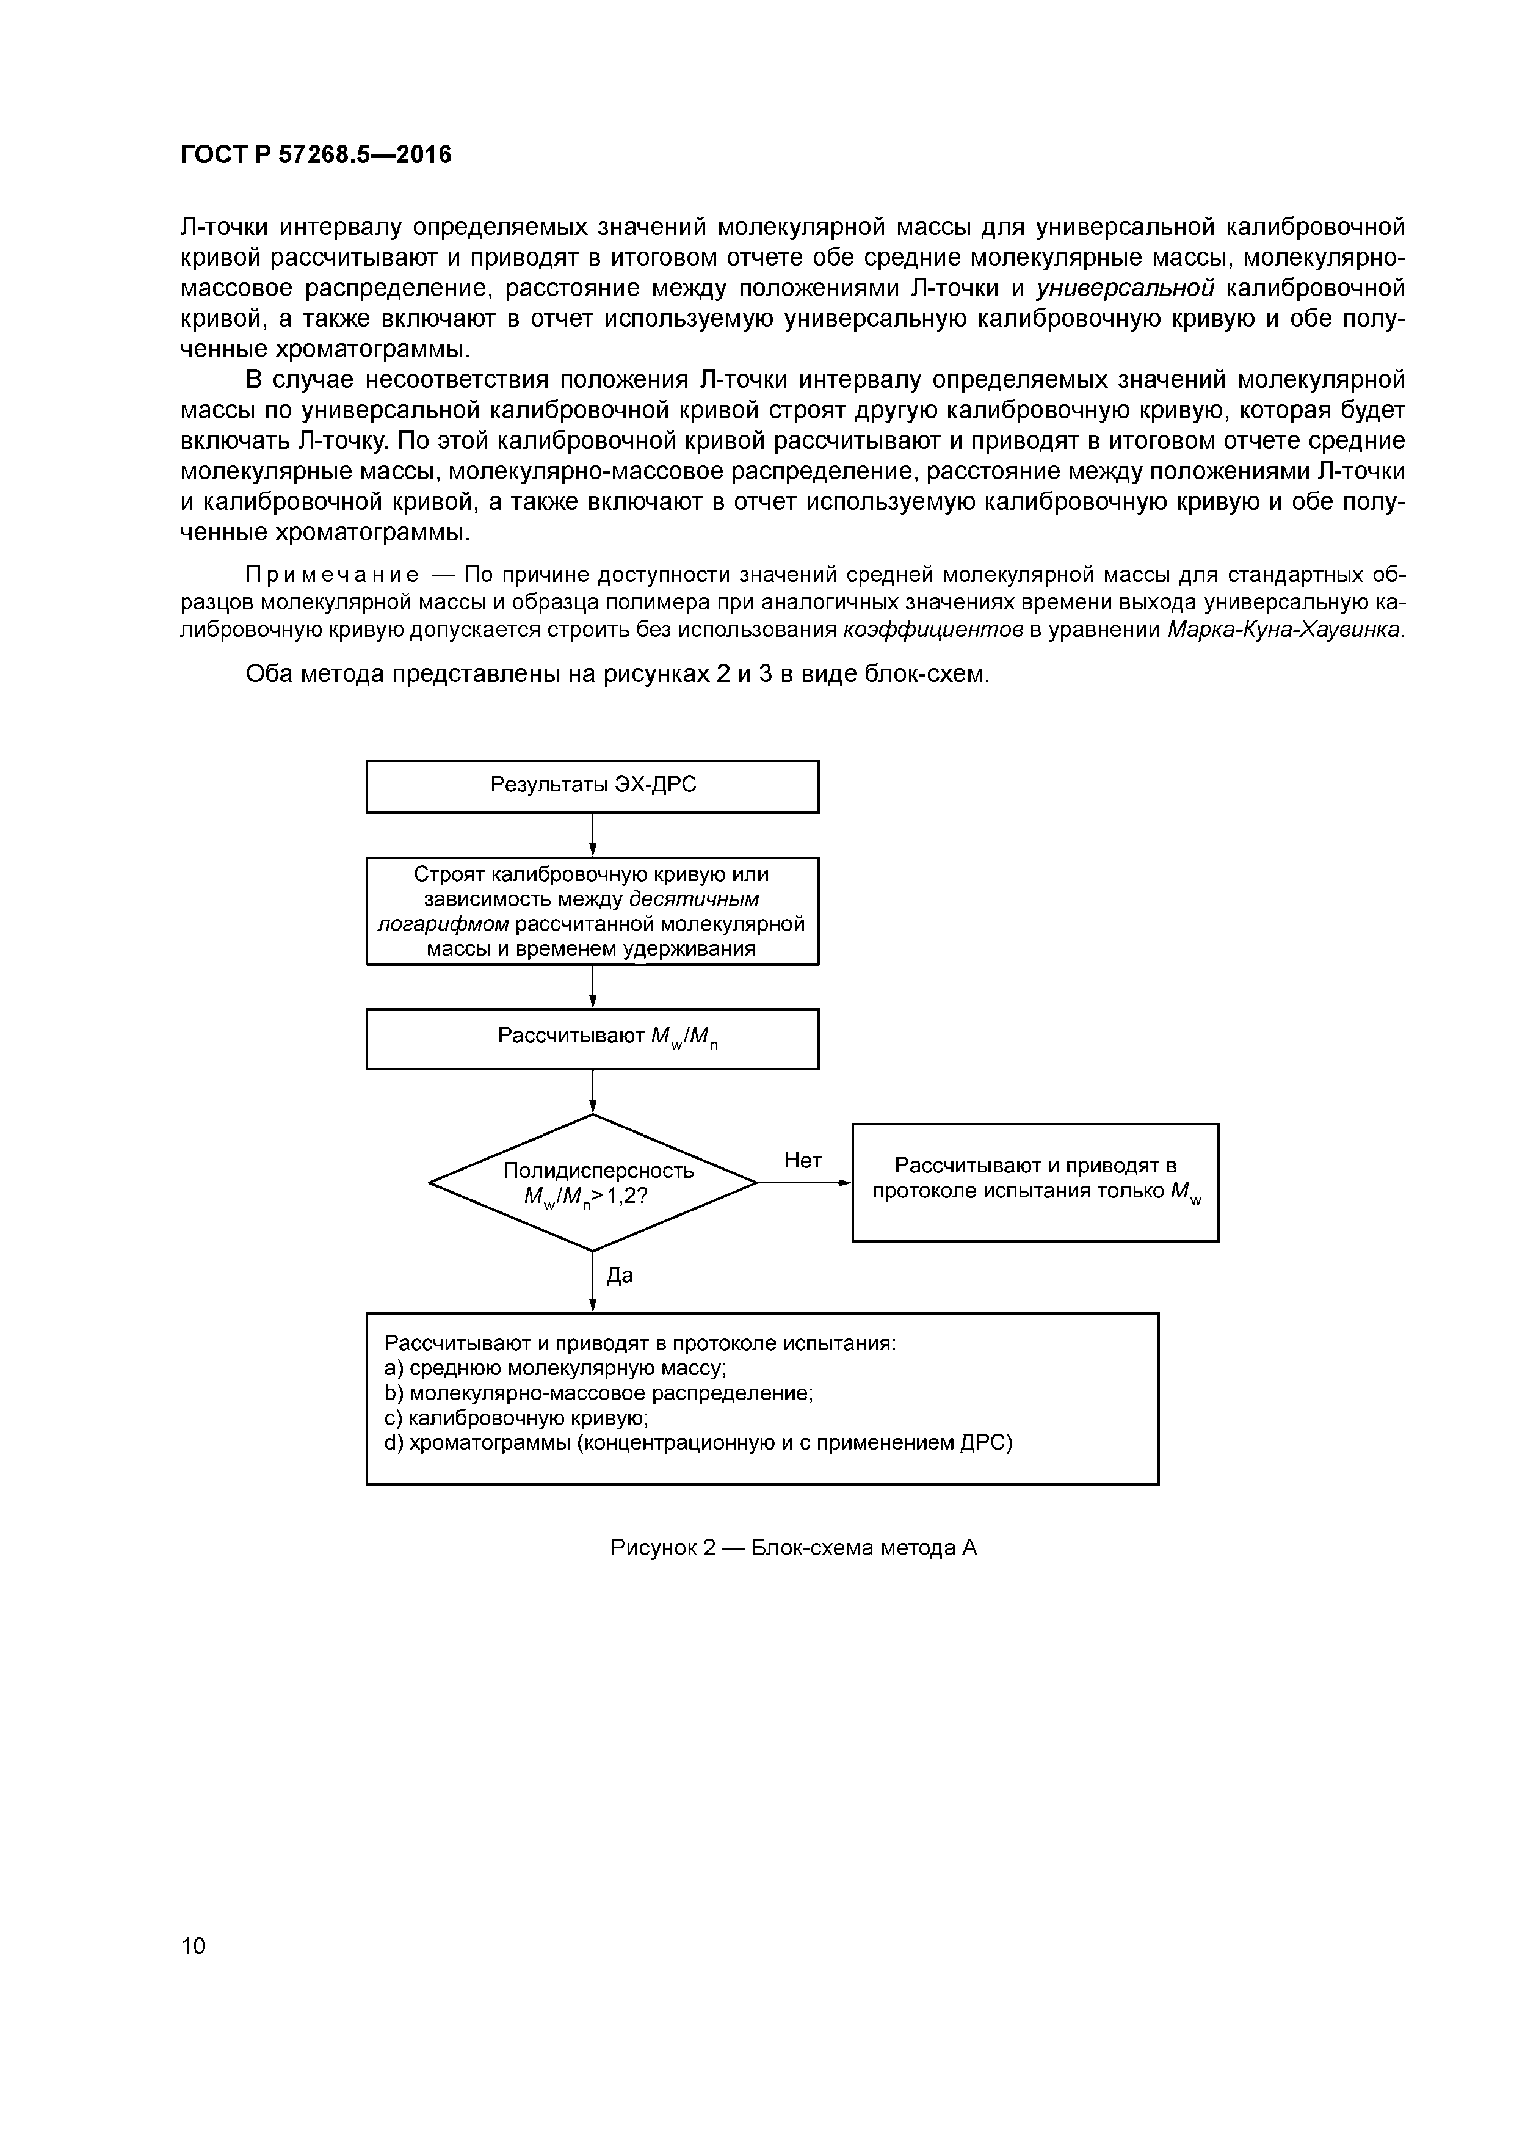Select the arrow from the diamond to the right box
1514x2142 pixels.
pos(803,1183)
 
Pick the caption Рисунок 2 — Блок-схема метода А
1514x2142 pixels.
pos(793,1548)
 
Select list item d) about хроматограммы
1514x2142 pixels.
pos(698,1443)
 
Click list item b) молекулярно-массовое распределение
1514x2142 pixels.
pos(599,1394)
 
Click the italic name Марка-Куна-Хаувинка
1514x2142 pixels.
pos(1284,630)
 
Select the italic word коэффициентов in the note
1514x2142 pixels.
pos(933,630)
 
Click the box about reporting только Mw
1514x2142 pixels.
pos(1035,1182)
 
